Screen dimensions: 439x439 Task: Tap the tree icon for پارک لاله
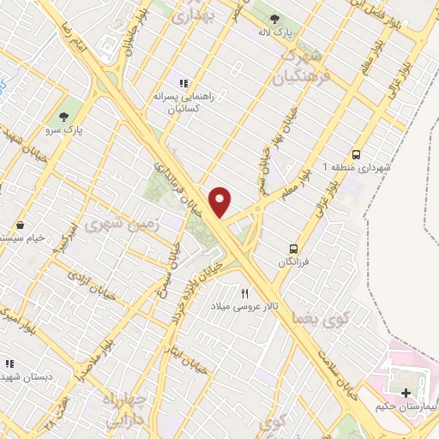(274, 20)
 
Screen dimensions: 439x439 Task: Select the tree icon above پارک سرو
(63, 117)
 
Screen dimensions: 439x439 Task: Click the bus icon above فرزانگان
(294, 239)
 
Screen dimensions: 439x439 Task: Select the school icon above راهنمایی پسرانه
(183, 83)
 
